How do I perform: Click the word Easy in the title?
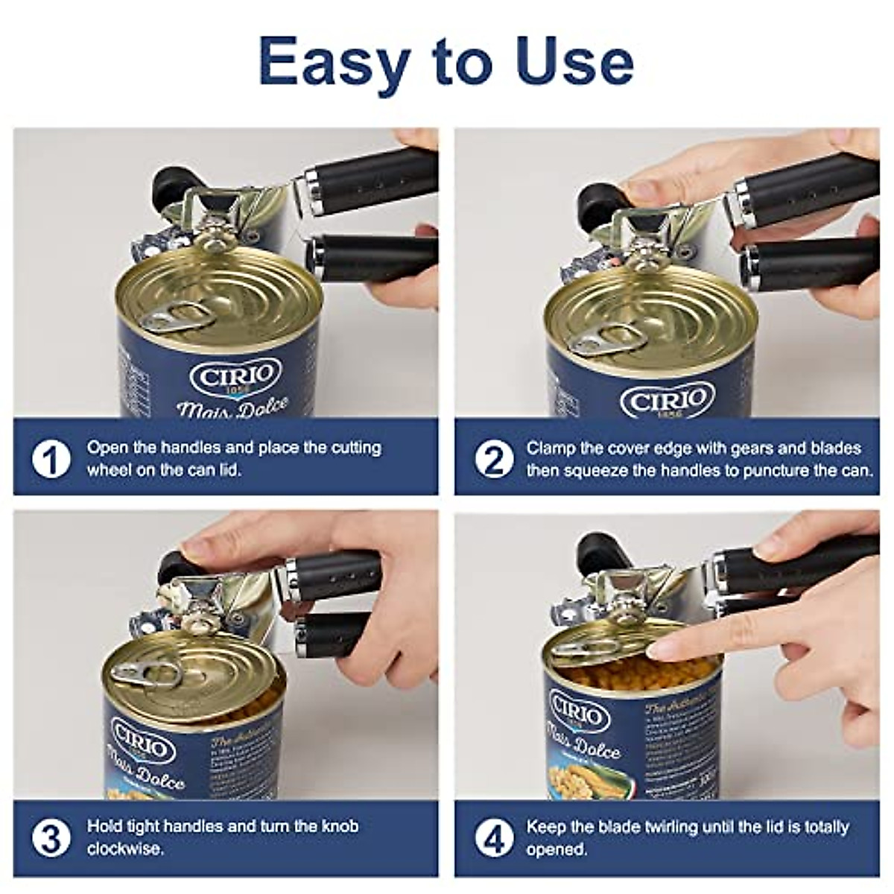332,63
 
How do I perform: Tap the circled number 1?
51,459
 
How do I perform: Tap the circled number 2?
494,459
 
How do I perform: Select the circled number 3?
51,837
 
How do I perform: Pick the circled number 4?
494,837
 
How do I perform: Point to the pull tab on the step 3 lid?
142,673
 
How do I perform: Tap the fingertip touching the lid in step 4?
656,650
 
